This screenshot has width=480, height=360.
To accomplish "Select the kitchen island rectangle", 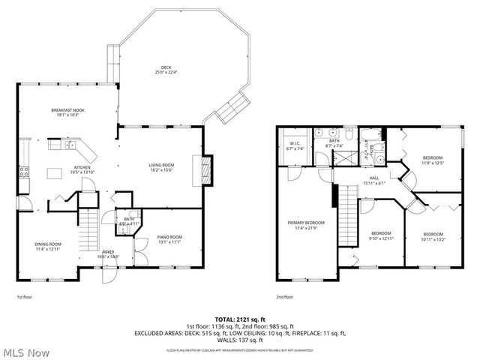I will point(53,175).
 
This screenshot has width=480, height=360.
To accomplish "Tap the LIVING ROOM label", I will point(160,166).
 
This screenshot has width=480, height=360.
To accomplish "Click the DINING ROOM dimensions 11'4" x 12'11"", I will point(48,249).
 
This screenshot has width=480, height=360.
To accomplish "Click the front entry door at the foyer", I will point(109,272).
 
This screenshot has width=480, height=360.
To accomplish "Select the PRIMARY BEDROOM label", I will point(306,223).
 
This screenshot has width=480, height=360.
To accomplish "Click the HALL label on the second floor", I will point(373,178).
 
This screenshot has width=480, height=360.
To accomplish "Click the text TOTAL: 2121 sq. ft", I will point(240,318).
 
